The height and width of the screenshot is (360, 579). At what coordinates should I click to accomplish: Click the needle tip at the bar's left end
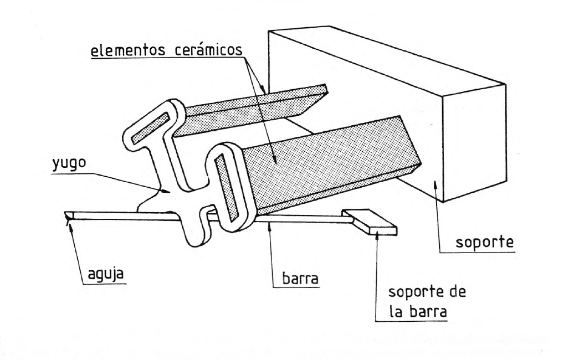pos(68,216)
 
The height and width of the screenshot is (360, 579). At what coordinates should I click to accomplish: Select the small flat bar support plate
pos(370,221)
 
